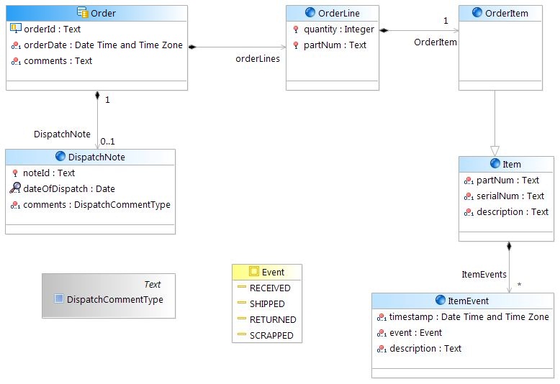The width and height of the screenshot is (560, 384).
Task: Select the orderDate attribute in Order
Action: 102,45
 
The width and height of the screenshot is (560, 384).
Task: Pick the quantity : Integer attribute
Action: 339,29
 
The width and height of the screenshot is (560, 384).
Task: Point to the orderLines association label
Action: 257,58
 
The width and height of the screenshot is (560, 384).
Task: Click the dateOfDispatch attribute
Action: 69,188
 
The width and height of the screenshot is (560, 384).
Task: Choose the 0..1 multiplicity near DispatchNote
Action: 107,141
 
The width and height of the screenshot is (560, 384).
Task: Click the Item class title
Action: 512,164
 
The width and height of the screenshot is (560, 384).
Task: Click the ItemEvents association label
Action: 484,274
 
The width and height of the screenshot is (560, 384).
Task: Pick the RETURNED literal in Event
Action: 273,319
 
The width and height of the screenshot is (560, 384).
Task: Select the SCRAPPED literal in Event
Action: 271,335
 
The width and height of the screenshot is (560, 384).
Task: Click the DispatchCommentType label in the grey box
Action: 115,299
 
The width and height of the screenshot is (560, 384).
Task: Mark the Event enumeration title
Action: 273,272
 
